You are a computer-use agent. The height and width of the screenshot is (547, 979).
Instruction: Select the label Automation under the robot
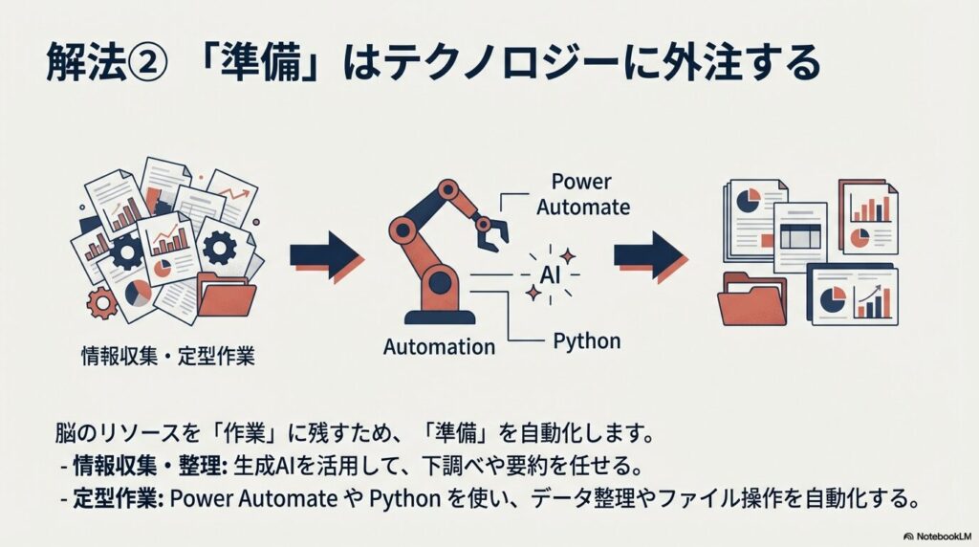[439, 347]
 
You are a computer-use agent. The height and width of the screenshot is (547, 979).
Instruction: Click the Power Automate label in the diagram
[582, 195]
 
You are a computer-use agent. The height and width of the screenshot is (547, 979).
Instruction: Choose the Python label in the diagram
[587, 340]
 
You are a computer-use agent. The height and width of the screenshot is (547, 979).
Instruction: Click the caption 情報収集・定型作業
[167, 358]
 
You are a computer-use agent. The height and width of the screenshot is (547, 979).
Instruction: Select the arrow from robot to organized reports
[648, 256]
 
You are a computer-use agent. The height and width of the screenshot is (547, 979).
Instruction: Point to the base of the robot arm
[440, 315]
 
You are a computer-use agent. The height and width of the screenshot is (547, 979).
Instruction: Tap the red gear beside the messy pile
[100, 303]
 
